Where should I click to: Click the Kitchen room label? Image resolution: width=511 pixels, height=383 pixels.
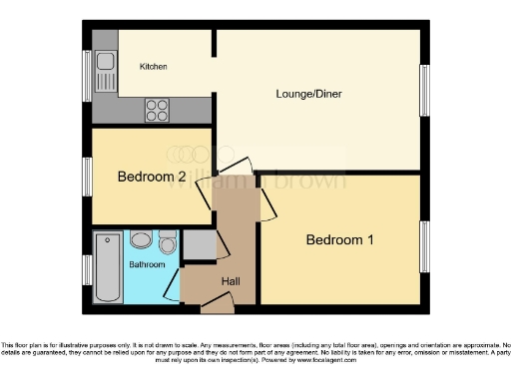click(153, 67)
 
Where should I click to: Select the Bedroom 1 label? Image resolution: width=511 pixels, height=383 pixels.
click(340, 239)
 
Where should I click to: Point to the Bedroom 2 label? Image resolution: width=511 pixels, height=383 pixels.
click(152, 178)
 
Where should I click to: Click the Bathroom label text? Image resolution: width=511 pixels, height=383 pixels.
click(146, 264)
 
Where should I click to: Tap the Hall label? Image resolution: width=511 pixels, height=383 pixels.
click(231, 282)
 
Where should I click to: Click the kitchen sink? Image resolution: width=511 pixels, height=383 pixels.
click(104, 65)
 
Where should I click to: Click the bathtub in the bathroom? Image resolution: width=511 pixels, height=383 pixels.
click(108, 266)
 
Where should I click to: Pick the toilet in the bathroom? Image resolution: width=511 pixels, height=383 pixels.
click(167, 242)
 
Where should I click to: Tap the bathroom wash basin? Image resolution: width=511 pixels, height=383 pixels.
click(141, 240)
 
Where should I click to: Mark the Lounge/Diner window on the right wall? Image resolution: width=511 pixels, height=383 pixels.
click(425, 96)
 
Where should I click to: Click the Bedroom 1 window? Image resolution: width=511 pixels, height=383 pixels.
click(425, 244)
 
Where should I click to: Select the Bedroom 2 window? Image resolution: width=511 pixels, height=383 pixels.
click(87, 177)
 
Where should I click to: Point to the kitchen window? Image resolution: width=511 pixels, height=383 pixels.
click(87, 75)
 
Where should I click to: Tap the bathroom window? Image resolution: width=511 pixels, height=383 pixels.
click(87, 268)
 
